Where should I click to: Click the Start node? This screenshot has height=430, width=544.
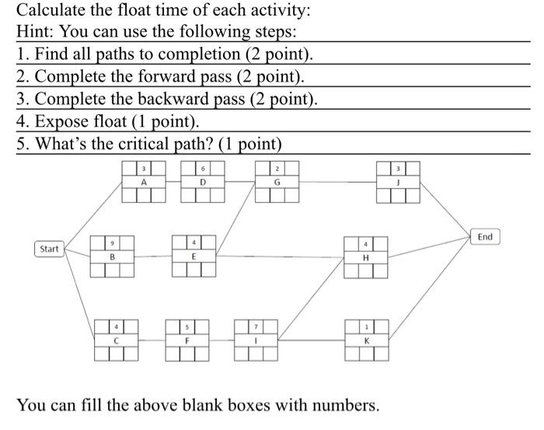[x=49, y=249]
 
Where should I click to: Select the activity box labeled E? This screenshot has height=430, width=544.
[x=194, y=256]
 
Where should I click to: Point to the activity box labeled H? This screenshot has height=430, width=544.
[x=365, y=257]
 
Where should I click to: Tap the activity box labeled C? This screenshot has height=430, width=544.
[x=115, y=339]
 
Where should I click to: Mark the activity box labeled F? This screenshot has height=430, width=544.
[x=187, y=339]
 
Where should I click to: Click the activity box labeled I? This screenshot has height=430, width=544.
[x=256, y=339]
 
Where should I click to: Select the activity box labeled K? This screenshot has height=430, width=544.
[x=366, y=340]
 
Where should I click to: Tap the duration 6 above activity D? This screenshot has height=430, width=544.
[x=203, y=169]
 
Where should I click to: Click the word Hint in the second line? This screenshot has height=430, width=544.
[x=35, y=33]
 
